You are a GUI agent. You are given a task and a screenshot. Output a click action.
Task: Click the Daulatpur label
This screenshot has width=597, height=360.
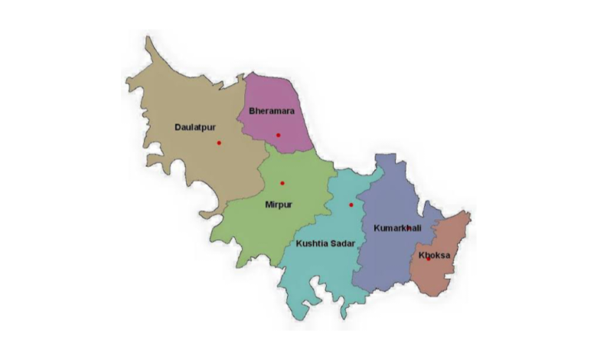click(x=194, y=126)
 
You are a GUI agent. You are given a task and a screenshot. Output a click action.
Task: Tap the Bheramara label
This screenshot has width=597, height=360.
click(x=272, y=111)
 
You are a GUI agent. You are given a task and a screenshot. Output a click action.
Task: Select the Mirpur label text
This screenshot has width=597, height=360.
click(x=279, y=205)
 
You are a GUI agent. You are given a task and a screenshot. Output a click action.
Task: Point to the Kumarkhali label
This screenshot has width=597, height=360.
click(x=396, y=228)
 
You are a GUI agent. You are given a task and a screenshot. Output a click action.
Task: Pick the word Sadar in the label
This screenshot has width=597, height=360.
click(x=341, y=244)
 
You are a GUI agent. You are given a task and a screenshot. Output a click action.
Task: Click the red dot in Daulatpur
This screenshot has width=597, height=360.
click(x=219, y=142)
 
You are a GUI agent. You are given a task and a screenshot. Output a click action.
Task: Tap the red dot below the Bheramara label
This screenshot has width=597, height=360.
click(x=279, y=136)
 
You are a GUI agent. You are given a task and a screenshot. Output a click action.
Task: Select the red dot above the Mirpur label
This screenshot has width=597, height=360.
click(x=282, y=183)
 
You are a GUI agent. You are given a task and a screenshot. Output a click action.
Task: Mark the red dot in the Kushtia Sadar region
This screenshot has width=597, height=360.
click(x=351, y=205)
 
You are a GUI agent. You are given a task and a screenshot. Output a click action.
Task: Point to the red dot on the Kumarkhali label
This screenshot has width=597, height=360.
click(x=408, y=227)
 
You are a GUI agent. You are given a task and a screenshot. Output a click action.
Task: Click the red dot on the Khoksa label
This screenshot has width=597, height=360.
click(x=428, y=258)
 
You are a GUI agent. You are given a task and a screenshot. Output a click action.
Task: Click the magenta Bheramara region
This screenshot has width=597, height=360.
click(x=264, y=92)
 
